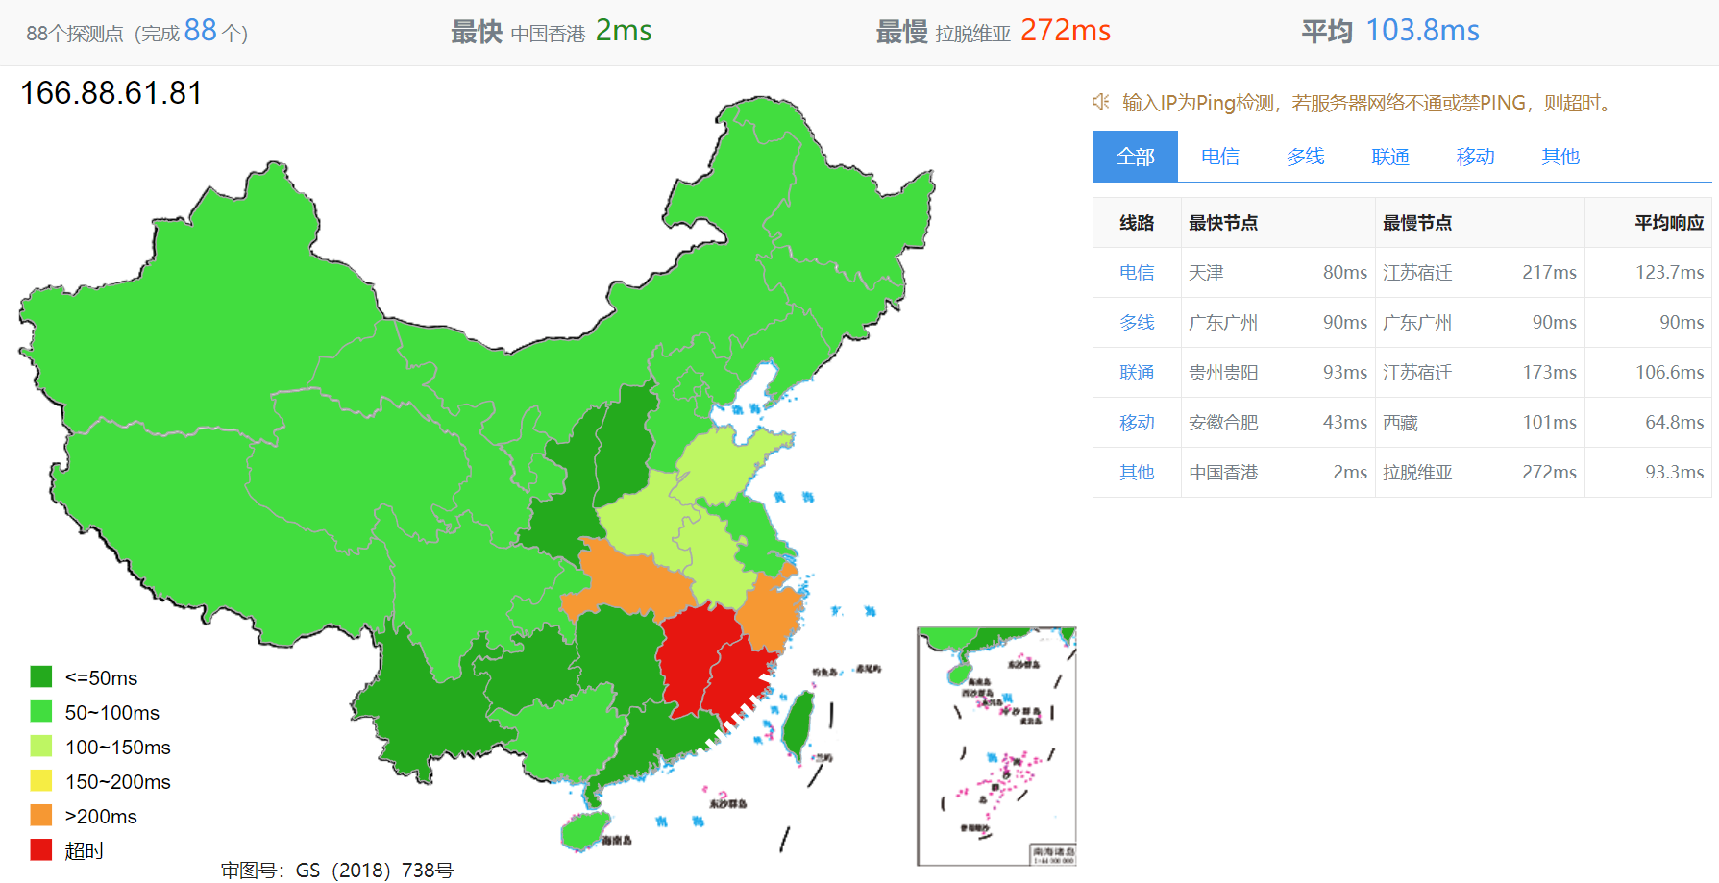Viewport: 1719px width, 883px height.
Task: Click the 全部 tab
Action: [x=1135, y=157]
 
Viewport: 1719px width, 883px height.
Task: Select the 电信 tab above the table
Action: [x=1219, y=157]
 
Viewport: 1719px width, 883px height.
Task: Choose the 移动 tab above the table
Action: [x=1475, y=157]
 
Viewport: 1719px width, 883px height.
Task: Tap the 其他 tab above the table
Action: [x=1559, y=157]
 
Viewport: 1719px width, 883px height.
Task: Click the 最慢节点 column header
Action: [x=1416, y=223]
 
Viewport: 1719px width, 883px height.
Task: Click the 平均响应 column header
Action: [x=1668, y=223]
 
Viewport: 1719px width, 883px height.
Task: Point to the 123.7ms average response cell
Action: [x=1669, y=273]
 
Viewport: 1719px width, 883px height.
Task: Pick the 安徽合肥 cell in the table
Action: [x=1222, y=423]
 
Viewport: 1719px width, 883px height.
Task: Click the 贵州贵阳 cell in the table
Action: [x=1222, y=373]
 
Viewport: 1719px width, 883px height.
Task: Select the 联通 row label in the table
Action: [x=1136, y=373]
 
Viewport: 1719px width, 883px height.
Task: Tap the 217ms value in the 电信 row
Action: [x=1549, y=273]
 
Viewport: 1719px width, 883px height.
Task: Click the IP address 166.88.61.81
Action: [x=111, y=93]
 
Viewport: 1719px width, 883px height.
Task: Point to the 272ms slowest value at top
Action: [x=1065, y=31]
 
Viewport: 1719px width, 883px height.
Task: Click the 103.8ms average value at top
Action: [x=1422, y=31]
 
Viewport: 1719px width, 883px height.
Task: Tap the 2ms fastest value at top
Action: [x=623, y=31]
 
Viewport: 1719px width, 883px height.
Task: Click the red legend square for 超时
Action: [x=40, y=850]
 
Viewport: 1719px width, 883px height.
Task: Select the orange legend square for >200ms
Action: [x=40, y=816]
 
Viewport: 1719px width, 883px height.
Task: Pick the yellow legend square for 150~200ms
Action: [x=40, y=781]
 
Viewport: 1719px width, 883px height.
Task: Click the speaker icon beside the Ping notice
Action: [x=1100, y=102]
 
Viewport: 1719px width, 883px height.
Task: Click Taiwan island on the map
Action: [x=798, y=725]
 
